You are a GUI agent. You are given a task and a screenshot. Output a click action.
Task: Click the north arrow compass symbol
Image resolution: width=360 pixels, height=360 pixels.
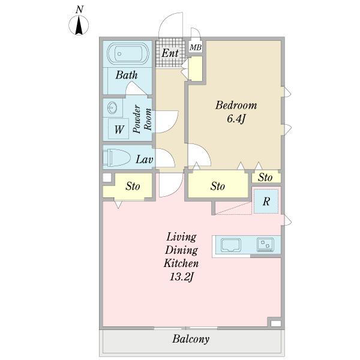[x=79, y=25]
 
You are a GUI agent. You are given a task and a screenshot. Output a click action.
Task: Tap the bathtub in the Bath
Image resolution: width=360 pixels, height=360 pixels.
[x=128, y=53]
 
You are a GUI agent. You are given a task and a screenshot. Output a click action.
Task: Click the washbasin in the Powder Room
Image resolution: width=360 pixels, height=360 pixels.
[x=113, y=107]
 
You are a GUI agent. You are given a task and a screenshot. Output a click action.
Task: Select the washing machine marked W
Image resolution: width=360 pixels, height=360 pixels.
[x=118, y=129]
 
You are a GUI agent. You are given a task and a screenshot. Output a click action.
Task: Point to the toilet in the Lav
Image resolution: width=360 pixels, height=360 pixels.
[x=116, y=157]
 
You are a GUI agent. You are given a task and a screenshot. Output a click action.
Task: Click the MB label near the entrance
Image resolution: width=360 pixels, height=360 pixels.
[x=196, y=47]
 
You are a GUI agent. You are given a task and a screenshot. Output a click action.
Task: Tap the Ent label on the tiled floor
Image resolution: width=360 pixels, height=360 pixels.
[x=170, y=53]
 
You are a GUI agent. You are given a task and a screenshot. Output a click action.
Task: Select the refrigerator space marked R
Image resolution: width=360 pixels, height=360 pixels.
[x=266, y=202]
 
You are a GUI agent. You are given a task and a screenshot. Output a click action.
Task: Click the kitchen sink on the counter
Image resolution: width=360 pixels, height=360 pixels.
[x=231, y=245]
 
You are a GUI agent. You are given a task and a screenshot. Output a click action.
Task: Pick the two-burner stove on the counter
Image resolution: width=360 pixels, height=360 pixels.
[x=265, y=245]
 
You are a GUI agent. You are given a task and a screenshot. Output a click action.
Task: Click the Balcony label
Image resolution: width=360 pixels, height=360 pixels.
[x=191, y=339]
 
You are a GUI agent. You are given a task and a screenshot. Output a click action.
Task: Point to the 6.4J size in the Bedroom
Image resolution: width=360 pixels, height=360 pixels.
[x=236, y=119]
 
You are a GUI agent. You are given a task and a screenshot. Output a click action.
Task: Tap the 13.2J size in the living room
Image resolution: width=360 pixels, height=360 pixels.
[x=182, y=277]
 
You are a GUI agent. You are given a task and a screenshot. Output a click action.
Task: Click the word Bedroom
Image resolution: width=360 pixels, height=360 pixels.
[x=236, y=106]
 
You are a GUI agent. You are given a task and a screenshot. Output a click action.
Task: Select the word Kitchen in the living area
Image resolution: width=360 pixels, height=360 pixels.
[x=181, y=263]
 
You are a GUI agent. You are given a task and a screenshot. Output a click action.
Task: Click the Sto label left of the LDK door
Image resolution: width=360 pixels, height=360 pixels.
[x=133, y=186]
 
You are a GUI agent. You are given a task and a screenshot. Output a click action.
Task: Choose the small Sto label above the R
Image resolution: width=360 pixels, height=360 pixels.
[x=265, y=177]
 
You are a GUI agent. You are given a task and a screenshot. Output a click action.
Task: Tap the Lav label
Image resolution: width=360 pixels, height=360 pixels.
[x=144, y=160]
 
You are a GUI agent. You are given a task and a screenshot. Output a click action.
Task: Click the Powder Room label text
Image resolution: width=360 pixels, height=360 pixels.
[x=142, y=119]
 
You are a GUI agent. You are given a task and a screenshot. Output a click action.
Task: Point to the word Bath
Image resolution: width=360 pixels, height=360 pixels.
[x=127, y=75]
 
